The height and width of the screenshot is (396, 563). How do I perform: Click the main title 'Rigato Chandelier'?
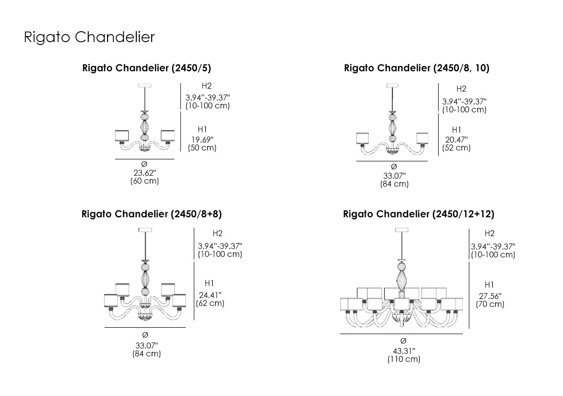click(x=89, y=38)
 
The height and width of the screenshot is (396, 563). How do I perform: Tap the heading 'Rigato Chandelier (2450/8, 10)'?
click(x=416, y=68)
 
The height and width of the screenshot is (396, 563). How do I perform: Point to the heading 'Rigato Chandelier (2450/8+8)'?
click(x=151, y=214)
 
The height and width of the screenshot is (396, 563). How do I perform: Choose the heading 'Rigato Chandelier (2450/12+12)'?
click(x=418, y=214)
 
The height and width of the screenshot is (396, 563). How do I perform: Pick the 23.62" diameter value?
click(x=145, y=173)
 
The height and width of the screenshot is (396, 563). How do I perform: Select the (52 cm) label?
click(x=456, y=148)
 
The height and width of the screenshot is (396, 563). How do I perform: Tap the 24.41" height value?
click(x=210, y=295)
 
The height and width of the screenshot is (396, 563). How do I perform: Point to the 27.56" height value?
click(x=490, y=296)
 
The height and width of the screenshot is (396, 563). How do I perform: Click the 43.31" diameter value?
click(x=404, y=350)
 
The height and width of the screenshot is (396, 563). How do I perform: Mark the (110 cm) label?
click(x=404, y=359)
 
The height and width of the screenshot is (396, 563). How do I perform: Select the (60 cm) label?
click(x=145, y=181)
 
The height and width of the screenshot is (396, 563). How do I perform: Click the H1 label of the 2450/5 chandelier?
click(x=202, y=129)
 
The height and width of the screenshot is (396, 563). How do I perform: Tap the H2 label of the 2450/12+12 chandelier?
click(x=490, y=233)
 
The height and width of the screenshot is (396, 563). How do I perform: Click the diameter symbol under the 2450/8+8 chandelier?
click(x=145, y=335)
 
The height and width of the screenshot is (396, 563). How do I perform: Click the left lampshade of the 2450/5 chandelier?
click(x=122, y=136)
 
